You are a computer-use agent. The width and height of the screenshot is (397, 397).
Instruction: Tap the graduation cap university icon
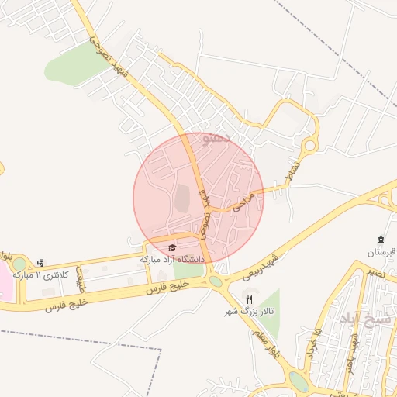point(171,247)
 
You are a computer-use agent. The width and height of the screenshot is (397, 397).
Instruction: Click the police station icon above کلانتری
point(40,264)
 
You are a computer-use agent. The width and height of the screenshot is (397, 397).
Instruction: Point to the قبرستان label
point(381,253)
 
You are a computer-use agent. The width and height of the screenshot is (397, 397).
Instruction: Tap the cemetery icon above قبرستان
point(381,240)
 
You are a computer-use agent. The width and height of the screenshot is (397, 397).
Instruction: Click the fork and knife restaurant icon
point(249,299)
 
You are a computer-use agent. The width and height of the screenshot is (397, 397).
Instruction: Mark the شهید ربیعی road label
point(259,266)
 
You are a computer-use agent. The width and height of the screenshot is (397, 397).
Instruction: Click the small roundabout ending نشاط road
point(310,145)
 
